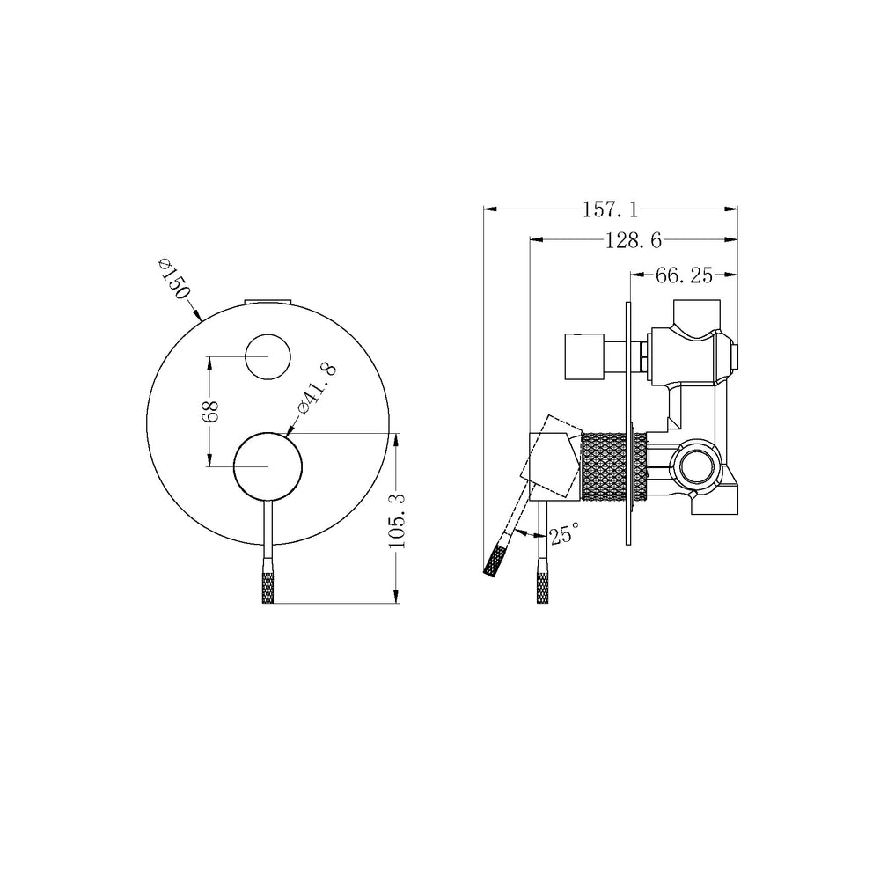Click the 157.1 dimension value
coord(610,210)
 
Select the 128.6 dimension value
coord(634,241)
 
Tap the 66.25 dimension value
coord(684,275)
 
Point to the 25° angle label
coord(564,533)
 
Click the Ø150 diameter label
coord(174,278)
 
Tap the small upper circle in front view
coord(268,357)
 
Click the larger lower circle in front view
coord(268,466)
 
